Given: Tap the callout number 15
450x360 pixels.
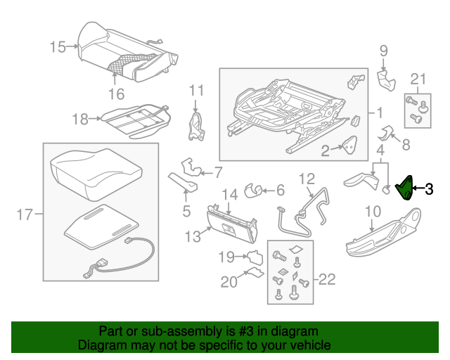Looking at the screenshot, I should click(x=58, y=47).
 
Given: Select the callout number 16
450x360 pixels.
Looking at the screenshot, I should click(x=117, y=94).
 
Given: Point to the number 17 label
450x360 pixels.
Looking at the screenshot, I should click(x=24, y=214).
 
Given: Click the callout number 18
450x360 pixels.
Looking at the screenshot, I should click(x=81, y=120).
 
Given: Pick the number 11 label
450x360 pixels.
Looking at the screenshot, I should click(x=195, y=90).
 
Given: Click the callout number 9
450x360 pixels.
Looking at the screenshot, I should click(x=383, y=50).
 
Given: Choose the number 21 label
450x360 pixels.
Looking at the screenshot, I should click(x=418, y=78).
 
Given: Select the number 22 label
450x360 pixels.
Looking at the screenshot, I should click(x=327, y=280).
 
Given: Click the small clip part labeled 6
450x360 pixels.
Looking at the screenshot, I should click(x=253, y=189).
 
